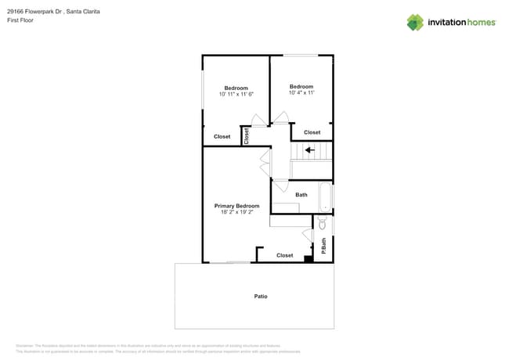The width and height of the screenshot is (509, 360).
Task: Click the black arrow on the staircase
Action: tap(310, 150)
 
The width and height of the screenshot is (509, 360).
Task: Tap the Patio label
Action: tap(261, 297)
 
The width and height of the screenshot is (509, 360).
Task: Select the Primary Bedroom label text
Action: tap(236, 206)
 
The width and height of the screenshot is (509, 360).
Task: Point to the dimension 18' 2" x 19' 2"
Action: tap(236, 212)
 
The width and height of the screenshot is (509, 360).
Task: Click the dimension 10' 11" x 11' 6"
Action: tap(236, 94)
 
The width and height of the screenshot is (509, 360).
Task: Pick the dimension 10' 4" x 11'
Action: tap(301, 93)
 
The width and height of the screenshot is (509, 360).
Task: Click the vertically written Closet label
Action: tap(246, 136)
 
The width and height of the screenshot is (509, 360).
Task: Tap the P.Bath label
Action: tap(323, 246)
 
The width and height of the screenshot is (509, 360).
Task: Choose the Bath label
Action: tap(301, 195)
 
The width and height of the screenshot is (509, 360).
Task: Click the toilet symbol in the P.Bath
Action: tap(323, 225)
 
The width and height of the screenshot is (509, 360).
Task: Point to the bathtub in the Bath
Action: tap(325, 198)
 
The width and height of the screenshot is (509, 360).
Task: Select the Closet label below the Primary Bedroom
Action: tap(285, 255)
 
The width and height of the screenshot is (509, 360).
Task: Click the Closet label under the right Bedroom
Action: tap(312, 132)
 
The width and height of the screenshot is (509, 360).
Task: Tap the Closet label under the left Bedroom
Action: tap(222, 136)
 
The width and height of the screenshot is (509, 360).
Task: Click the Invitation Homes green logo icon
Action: tap(415, 22)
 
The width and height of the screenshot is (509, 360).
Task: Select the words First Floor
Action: tap(31, 20)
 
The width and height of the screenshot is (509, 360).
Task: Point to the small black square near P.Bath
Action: tap(309, 259)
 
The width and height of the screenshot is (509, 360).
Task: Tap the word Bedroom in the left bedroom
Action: tap(236, 88)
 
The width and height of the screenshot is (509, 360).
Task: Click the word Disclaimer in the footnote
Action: tap(25, 345)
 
